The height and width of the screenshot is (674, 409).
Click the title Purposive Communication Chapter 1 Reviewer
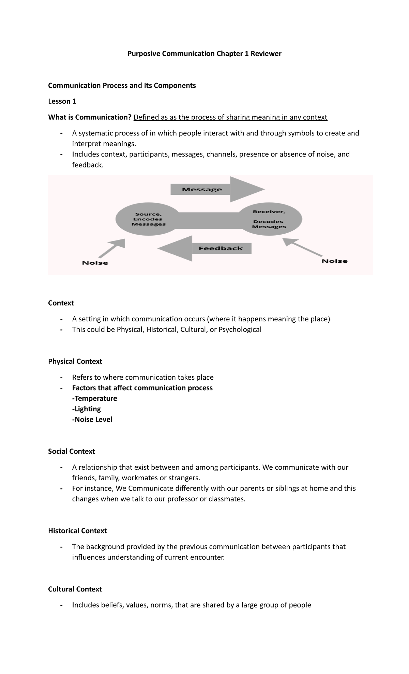coord(204,54)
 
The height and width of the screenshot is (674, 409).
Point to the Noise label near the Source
coord(95,263)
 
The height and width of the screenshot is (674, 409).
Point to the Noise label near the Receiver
coord(335,261)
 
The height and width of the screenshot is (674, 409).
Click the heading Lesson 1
coord(62,101)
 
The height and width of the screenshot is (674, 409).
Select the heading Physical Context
coord(75,361)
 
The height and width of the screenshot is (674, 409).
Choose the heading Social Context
coord(71,451)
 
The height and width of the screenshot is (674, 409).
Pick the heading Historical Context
coord(77,531)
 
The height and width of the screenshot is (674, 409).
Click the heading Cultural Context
coord(75,589)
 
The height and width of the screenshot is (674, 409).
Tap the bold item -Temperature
coord(94,398)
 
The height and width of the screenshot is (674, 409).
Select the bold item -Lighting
coord(87,409)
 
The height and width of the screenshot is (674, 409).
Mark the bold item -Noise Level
coord(92,420)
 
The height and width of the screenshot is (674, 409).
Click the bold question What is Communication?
coord(90,117)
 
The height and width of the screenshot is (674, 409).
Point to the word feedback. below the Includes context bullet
coord(87,165)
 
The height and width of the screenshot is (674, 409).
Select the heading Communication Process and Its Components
coord(122,85)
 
